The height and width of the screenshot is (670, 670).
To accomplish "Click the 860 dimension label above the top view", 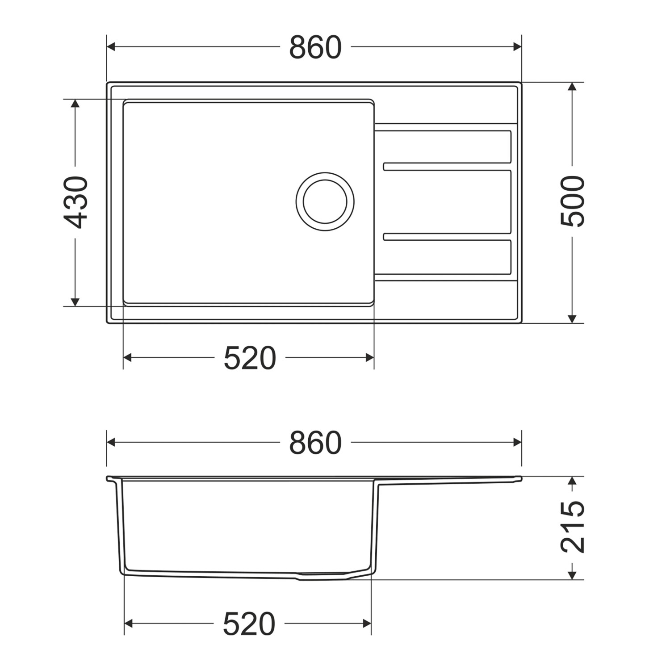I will pyautogui.click(x=315, y=47).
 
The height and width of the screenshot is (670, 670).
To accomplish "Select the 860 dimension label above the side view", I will pyautogui.click(x=315, y=443).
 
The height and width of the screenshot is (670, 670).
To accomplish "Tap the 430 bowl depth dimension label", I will pyautogui.click(x=75, y=202).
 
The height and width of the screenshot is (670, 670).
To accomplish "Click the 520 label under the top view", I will pyautogui.click(x=250, y=358).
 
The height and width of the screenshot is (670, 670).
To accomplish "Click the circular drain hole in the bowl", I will pyautogui.click(x=325, y=201).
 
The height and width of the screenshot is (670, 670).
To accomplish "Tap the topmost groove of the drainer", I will pyautogui.click(x=447, y=147).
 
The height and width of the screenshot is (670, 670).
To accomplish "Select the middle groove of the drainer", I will pyautogui.click(x=447, y=201).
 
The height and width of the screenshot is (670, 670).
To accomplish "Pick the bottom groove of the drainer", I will pyautogui.click(x=447, y=256).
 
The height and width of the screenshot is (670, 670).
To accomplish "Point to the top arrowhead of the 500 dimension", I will pyautogui.click(x=572, y=87).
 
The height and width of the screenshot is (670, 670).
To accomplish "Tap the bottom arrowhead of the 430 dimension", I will pyautogui.click(x=75, y=301).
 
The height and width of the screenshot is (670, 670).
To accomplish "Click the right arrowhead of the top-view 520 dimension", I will pyautogui.click(x=369, y=357).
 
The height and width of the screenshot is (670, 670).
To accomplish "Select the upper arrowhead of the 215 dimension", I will pyautogui.click(x=573, y=482).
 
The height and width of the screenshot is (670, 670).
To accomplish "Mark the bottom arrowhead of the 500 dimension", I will pyautogui.click(x=572, y=318).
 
